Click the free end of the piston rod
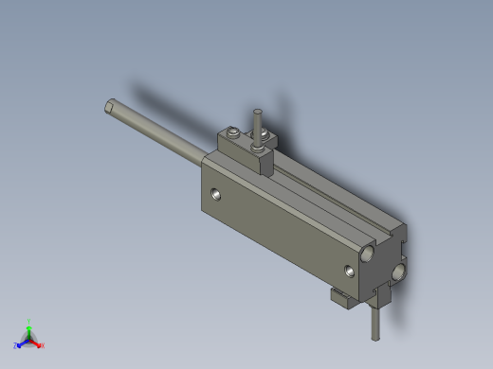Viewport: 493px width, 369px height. [111, 105]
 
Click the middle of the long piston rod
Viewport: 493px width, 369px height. [156, 132]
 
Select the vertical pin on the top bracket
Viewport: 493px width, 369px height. [256, 121]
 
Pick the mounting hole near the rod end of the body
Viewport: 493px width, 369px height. [219, 195]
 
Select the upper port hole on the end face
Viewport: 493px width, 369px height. [366, 254]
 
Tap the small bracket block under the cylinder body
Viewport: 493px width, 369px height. [341, 299]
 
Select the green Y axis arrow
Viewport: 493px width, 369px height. [29, 330]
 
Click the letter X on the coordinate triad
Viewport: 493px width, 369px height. [43, 345]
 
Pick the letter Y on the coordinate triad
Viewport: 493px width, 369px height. [29, 322]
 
